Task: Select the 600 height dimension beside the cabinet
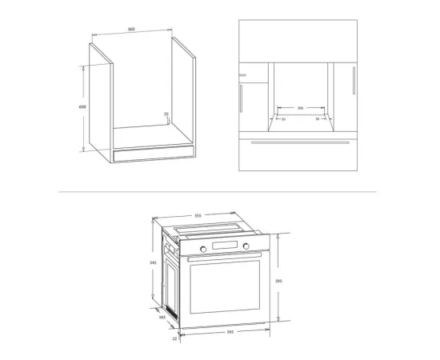pyautogui.click(x=82, y=106)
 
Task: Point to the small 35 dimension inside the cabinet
pyautogui.click(x=166, y=114)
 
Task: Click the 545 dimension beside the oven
pyautogui.click(x=154, y=262)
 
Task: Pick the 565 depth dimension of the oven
pyautogui.click(x=162, y=318)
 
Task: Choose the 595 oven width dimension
pyautogui.click(x=230, y=332)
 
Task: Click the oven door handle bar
pyautogui.click(x=226, y=257)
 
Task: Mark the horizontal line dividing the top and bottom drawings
pyautogui.click(x=216, y=192)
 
